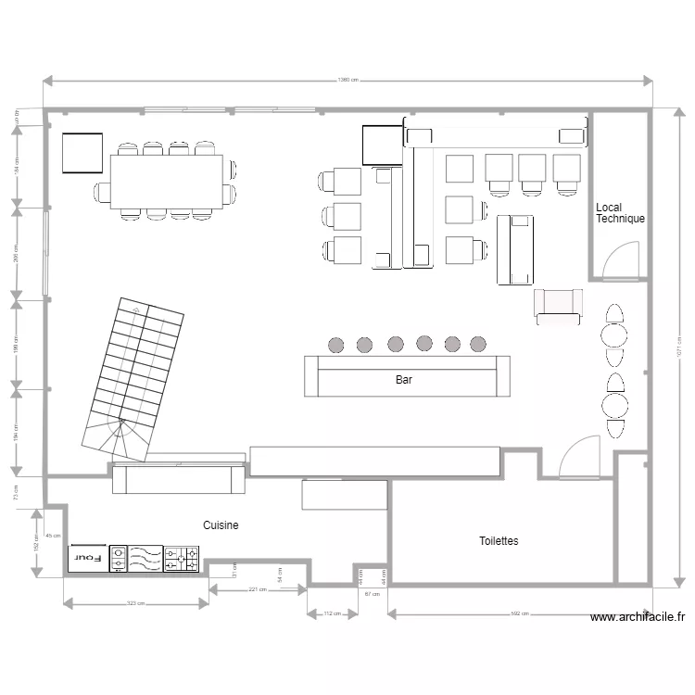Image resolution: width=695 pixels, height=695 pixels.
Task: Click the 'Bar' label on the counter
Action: pos(404,380)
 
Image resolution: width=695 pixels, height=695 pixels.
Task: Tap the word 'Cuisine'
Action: pos(221,525)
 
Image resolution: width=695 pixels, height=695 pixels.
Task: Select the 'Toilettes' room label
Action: pos(499,541)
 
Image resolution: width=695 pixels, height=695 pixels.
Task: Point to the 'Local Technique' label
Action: pos(620,213)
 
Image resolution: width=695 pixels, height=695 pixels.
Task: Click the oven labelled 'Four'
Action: pos(88,558)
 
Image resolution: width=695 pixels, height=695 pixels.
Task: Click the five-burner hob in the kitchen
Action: pos(182,558)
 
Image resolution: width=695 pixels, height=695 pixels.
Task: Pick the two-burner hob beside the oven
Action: pos(120,558)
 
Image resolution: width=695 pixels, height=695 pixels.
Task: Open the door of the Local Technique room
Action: pos(619,261)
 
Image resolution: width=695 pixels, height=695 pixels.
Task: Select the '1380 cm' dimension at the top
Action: pos(348,81)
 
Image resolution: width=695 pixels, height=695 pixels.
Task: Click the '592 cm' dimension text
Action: pos(520,613)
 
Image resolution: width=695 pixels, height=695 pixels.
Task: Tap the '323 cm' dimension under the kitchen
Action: pos(136,604)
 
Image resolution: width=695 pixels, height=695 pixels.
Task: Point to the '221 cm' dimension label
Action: pos(257,589)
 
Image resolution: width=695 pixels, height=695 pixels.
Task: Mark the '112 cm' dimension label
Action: pos(332,613)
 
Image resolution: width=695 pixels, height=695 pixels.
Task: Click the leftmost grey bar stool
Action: pos(336,345)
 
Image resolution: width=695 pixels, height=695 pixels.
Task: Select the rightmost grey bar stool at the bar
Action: pos(478,344)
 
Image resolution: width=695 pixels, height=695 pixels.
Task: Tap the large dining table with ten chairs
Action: pos(167,183)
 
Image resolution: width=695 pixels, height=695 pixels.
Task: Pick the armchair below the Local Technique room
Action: pos(558,306)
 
